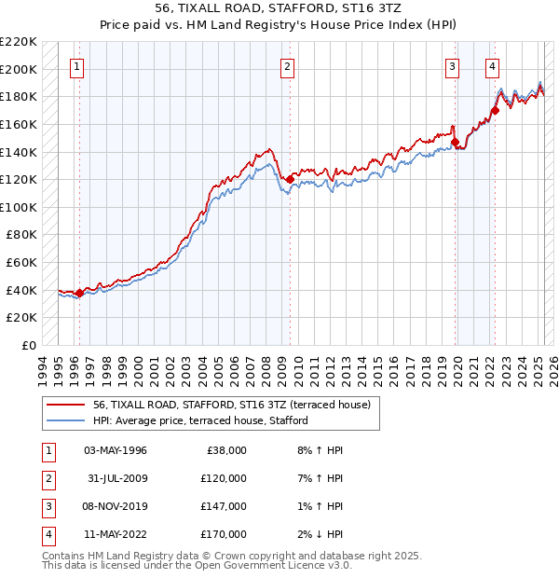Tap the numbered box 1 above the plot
click(x=75, y=66)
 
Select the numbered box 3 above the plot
click(x=452, y=66)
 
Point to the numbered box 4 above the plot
click(x=491, y=66)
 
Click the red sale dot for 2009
click(x=291, y=178)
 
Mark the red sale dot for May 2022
click(x=496, y=110)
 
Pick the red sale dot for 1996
click(x=79, y=293)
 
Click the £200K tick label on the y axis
click(x=19, y=69)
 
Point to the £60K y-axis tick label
click(x=21, y=263)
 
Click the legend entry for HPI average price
click(x=200, y=420)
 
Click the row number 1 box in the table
click(x=47, y=450)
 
